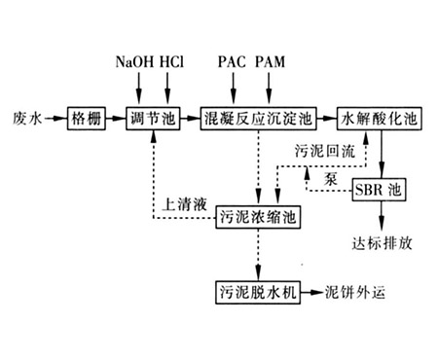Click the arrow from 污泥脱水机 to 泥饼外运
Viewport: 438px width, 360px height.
pos(312,290)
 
